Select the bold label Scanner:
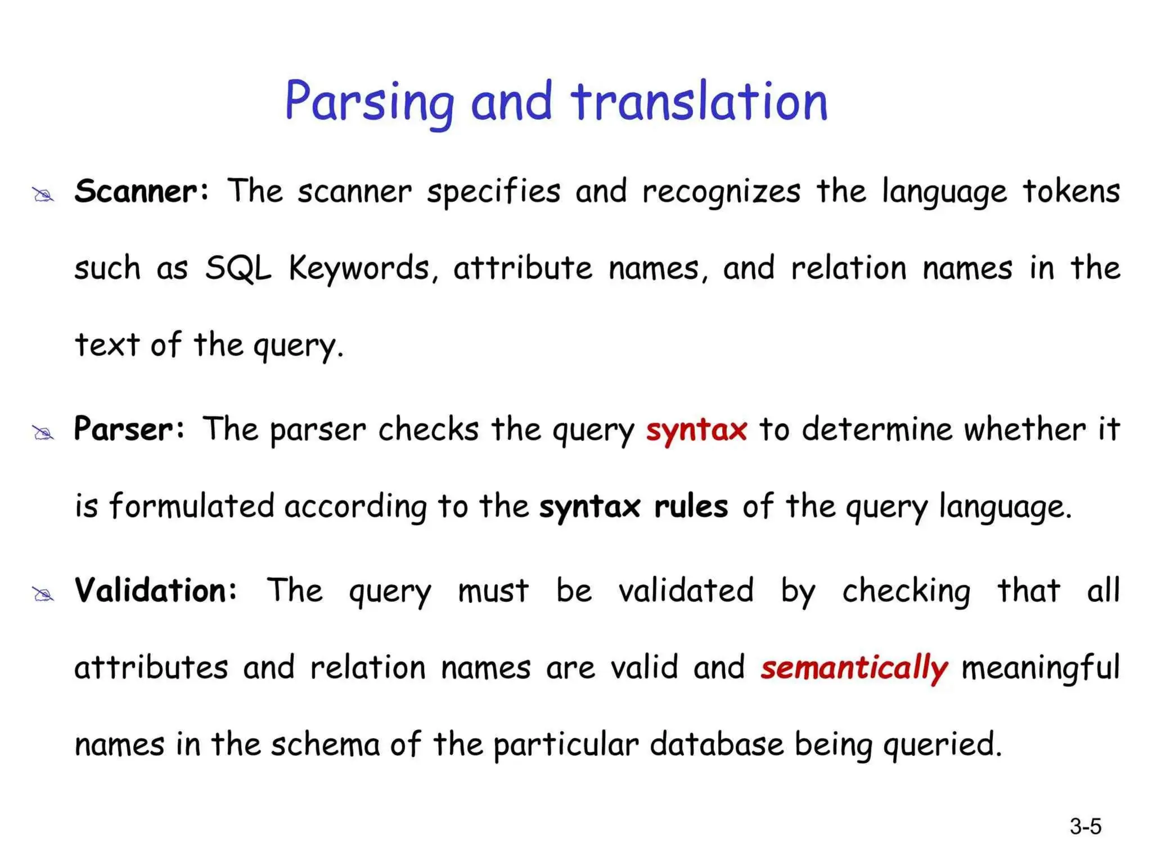[142, 191]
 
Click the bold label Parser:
[129, 429]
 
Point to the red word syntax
[696, 430]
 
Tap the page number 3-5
[1085, 827]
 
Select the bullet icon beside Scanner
[43, 195]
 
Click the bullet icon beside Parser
[43, 433]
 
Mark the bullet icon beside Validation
[43, 595]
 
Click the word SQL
[238, 268]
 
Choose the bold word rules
[691, 506]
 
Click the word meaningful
[1041, 668]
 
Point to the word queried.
[942, 745]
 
